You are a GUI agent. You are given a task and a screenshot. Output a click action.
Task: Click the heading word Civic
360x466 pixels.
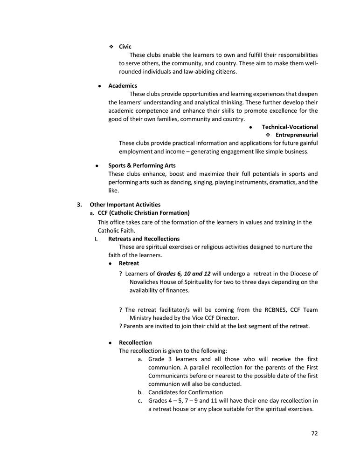pyautogui.click(x=125, y=47)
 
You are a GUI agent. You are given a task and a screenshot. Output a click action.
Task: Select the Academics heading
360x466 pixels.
pyautogui.click(x=123, y=86)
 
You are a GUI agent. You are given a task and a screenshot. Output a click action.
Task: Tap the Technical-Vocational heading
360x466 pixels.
pyautogui.click(x=290, y=127)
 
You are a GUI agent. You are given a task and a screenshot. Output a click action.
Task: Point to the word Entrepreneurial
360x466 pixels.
pyautogui.click(x=297, y=135)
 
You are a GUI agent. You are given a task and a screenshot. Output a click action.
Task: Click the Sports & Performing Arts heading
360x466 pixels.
pyautogui.click(x=142, y=165)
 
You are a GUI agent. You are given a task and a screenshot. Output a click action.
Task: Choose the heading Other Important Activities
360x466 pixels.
pyautogui.click(x=125, y=205)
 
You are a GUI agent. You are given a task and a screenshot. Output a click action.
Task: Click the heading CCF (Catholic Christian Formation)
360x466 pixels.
pyautogui.click(x=144, y=213)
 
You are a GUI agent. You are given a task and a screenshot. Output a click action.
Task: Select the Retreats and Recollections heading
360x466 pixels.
pyautogui.click(x=144, y=239)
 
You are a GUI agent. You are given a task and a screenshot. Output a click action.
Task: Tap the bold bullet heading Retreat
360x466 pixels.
pyautogui.click(x=129, y=263)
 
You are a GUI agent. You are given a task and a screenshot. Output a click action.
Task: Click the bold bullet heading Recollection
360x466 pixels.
pyautogui.click(x=135, y=343)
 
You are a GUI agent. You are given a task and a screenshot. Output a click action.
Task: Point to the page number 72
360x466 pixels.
pyautogui.click(x=314, y=433)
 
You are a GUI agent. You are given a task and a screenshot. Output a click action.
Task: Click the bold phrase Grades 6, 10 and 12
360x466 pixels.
pyautogui.click(x=184, y=274)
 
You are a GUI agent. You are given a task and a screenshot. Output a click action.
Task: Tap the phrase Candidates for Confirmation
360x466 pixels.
pyautogui.click(x=186, y=392)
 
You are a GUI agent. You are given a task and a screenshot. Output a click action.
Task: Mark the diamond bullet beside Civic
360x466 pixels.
pyautogui.click(x=111, y=47)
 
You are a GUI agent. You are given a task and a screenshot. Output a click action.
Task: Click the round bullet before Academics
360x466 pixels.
pyautogui.click(x=100, y=86)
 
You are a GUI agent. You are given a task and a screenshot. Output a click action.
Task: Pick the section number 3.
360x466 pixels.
pyautogui.click(x=80, y=205)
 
